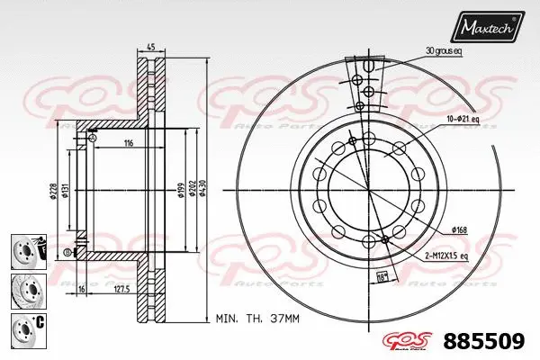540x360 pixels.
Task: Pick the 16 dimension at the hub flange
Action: coord(80,290)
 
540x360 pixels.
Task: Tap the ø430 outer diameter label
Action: coord(203,187)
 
